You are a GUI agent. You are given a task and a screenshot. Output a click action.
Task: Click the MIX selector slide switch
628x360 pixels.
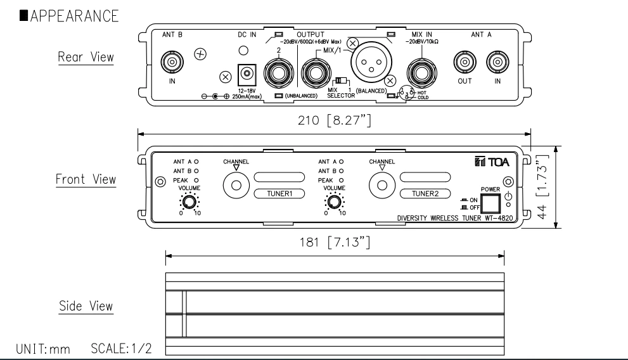click(342, 81)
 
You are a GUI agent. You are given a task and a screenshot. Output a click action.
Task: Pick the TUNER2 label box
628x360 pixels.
click(425, 193)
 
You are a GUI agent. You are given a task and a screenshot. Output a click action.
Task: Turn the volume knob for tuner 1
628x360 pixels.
click(188, 202)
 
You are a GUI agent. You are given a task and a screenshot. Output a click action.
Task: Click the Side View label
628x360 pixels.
click(86, 305)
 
